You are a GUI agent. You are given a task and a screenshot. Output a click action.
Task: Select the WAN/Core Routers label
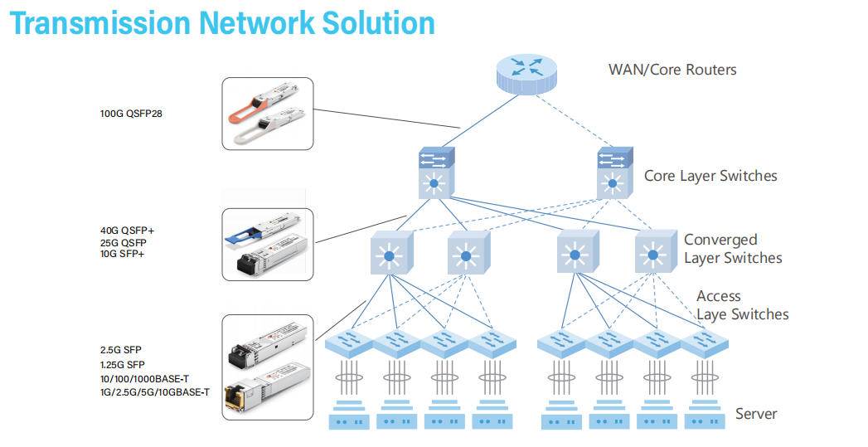pos(672,70)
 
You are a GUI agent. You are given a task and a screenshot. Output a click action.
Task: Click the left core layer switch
pos(432,172)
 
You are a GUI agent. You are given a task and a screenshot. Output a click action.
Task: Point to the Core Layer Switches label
pos(710,176)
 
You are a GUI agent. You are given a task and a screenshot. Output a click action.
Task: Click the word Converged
pos(720,240)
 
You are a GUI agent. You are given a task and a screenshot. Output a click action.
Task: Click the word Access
pos(718,296)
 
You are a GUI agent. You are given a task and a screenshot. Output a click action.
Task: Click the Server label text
pos(756,414)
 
